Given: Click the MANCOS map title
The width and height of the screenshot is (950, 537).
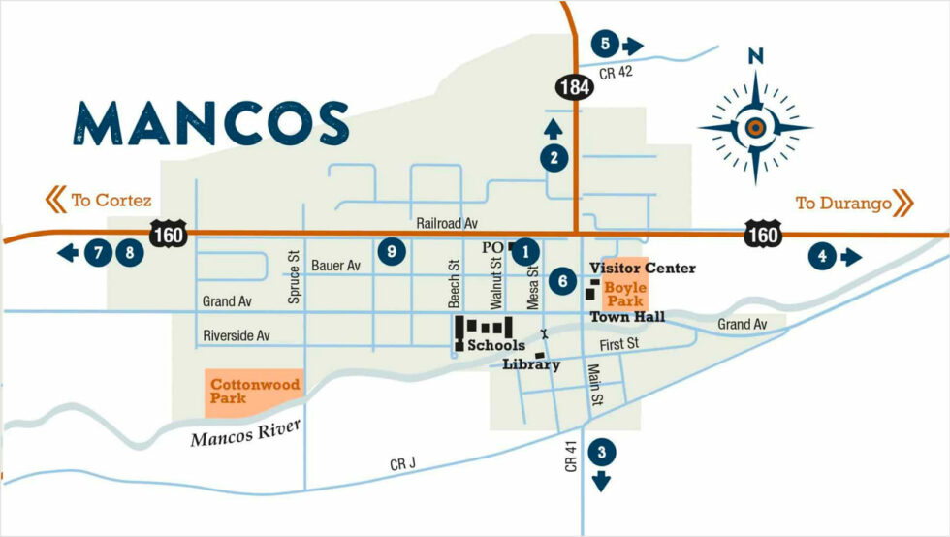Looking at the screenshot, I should (211, 124).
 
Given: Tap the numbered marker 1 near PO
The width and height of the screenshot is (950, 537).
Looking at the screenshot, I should (525, 251).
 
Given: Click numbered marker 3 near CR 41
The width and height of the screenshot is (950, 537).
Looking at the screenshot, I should (602, 452).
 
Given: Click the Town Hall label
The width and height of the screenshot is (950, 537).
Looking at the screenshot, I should (627, 317).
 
